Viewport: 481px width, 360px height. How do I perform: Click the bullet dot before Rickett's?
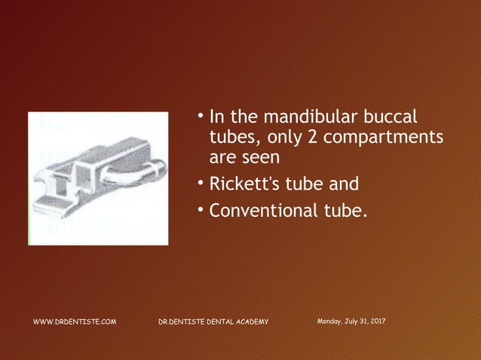click(202, 182)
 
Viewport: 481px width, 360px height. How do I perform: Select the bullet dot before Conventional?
click(202, 209)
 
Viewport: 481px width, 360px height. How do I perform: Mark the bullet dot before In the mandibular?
click(202, 116)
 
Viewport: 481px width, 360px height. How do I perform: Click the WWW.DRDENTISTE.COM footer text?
click(75, 322)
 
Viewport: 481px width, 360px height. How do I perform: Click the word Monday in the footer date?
click(331, 322)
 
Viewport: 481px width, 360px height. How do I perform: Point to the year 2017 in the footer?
click(377, 322)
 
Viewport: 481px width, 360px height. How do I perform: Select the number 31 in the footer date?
click(363, 322)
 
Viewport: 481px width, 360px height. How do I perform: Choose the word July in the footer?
click(351, 322)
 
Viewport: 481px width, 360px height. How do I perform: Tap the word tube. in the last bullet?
click(343, 210)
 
